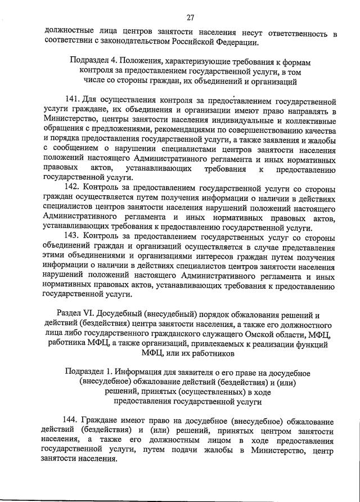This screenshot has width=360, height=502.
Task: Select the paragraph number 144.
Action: click(71, 422)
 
